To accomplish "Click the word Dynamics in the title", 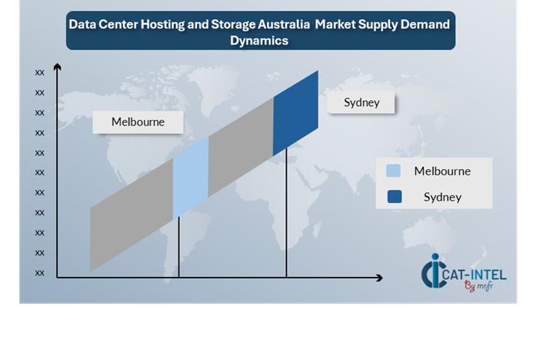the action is (x=259, y=41).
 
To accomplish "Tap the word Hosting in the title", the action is (x=163, y=25).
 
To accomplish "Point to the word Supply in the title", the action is (x=378, y=25).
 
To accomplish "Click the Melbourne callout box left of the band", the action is (x=138, y=122).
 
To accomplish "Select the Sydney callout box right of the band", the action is (x=361, y=102).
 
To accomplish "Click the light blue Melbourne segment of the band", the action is (x=191, y=178).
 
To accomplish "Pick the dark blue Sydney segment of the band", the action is (x=295, y=113).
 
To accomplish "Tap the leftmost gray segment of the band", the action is (x=132, y=215).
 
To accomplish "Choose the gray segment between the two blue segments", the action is (x=241, y=147).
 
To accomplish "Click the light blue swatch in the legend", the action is (x=393, y=171).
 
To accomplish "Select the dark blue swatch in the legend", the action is (x=395, y=196).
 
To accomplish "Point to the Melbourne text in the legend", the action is (x=442, y=171).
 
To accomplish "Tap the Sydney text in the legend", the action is (x=442, y=197).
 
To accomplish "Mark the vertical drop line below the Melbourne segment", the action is (x=178, y=247).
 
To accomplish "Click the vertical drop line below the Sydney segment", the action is (x=286, y=212).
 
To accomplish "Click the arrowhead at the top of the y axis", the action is (x=57, y=66).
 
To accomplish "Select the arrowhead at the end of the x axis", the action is (x=379, y=278).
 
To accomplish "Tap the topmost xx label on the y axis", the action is (x=40, y=73).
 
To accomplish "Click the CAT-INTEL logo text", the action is (x=474, y=275).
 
